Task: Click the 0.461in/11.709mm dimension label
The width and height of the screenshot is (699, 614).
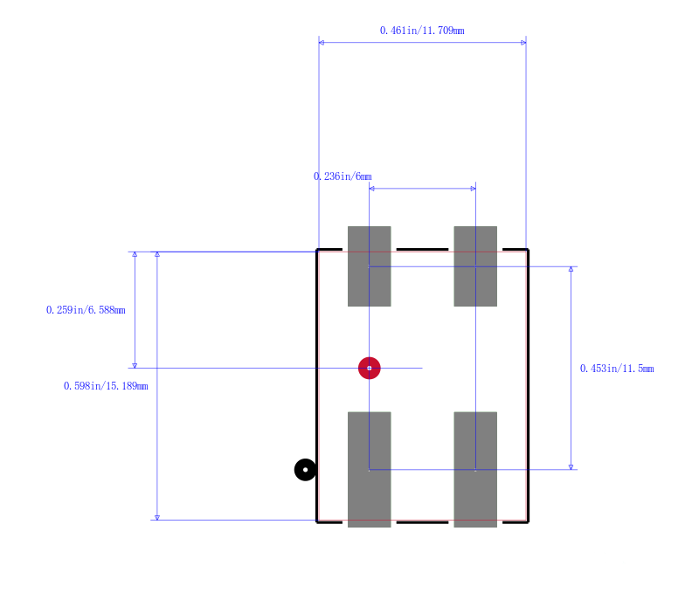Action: point(422,31)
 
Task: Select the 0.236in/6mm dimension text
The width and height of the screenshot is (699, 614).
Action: point(343,176)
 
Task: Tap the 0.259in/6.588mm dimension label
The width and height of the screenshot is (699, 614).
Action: point(86,310)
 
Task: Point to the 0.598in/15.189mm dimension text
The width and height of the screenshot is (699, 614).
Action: point(106,386)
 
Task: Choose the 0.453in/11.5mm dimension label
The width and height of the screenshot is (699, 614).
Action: point(617,369)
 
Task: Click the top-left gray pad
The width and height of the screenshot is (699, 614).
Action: point(369,266)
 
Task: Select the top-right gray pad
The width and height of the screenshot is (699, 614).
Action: point(475,266)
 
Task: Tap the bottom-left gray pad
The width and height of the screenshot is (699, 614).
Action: point(369,470)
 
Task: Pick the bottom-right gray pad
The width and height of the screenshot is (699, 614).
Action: point(475,470)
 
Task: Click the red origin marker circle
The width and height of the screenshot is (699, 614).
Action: point(369,368)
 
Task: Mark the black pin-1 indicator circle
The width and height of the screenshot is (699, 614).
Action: point(305,470)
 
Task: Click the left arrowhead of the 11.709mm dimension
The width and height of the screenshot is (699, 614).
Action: point(322,43)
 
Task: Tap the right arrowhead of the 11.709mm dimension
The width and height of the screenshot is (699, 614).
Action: point(523,43)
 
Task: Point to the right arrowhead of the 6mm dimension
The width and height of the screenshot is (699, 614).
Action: point(473,189)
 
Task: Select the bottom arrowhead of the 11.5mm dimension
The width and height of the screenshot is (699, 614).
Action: point(571,467)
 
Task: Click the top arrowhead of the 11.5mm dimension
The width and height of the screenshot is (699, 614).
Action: point(571,269)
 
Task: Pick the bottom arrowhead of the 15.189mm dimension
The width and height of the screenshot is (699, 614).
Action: point(157,517)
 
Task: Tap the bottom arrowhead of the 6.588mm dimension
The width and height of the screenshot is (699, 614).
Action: point(135,365)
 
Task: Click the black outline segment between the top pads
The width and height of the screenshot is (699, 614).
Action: point(422,250)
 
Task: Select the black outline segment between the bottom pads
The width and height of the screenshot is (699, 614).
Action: point(422,521)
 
